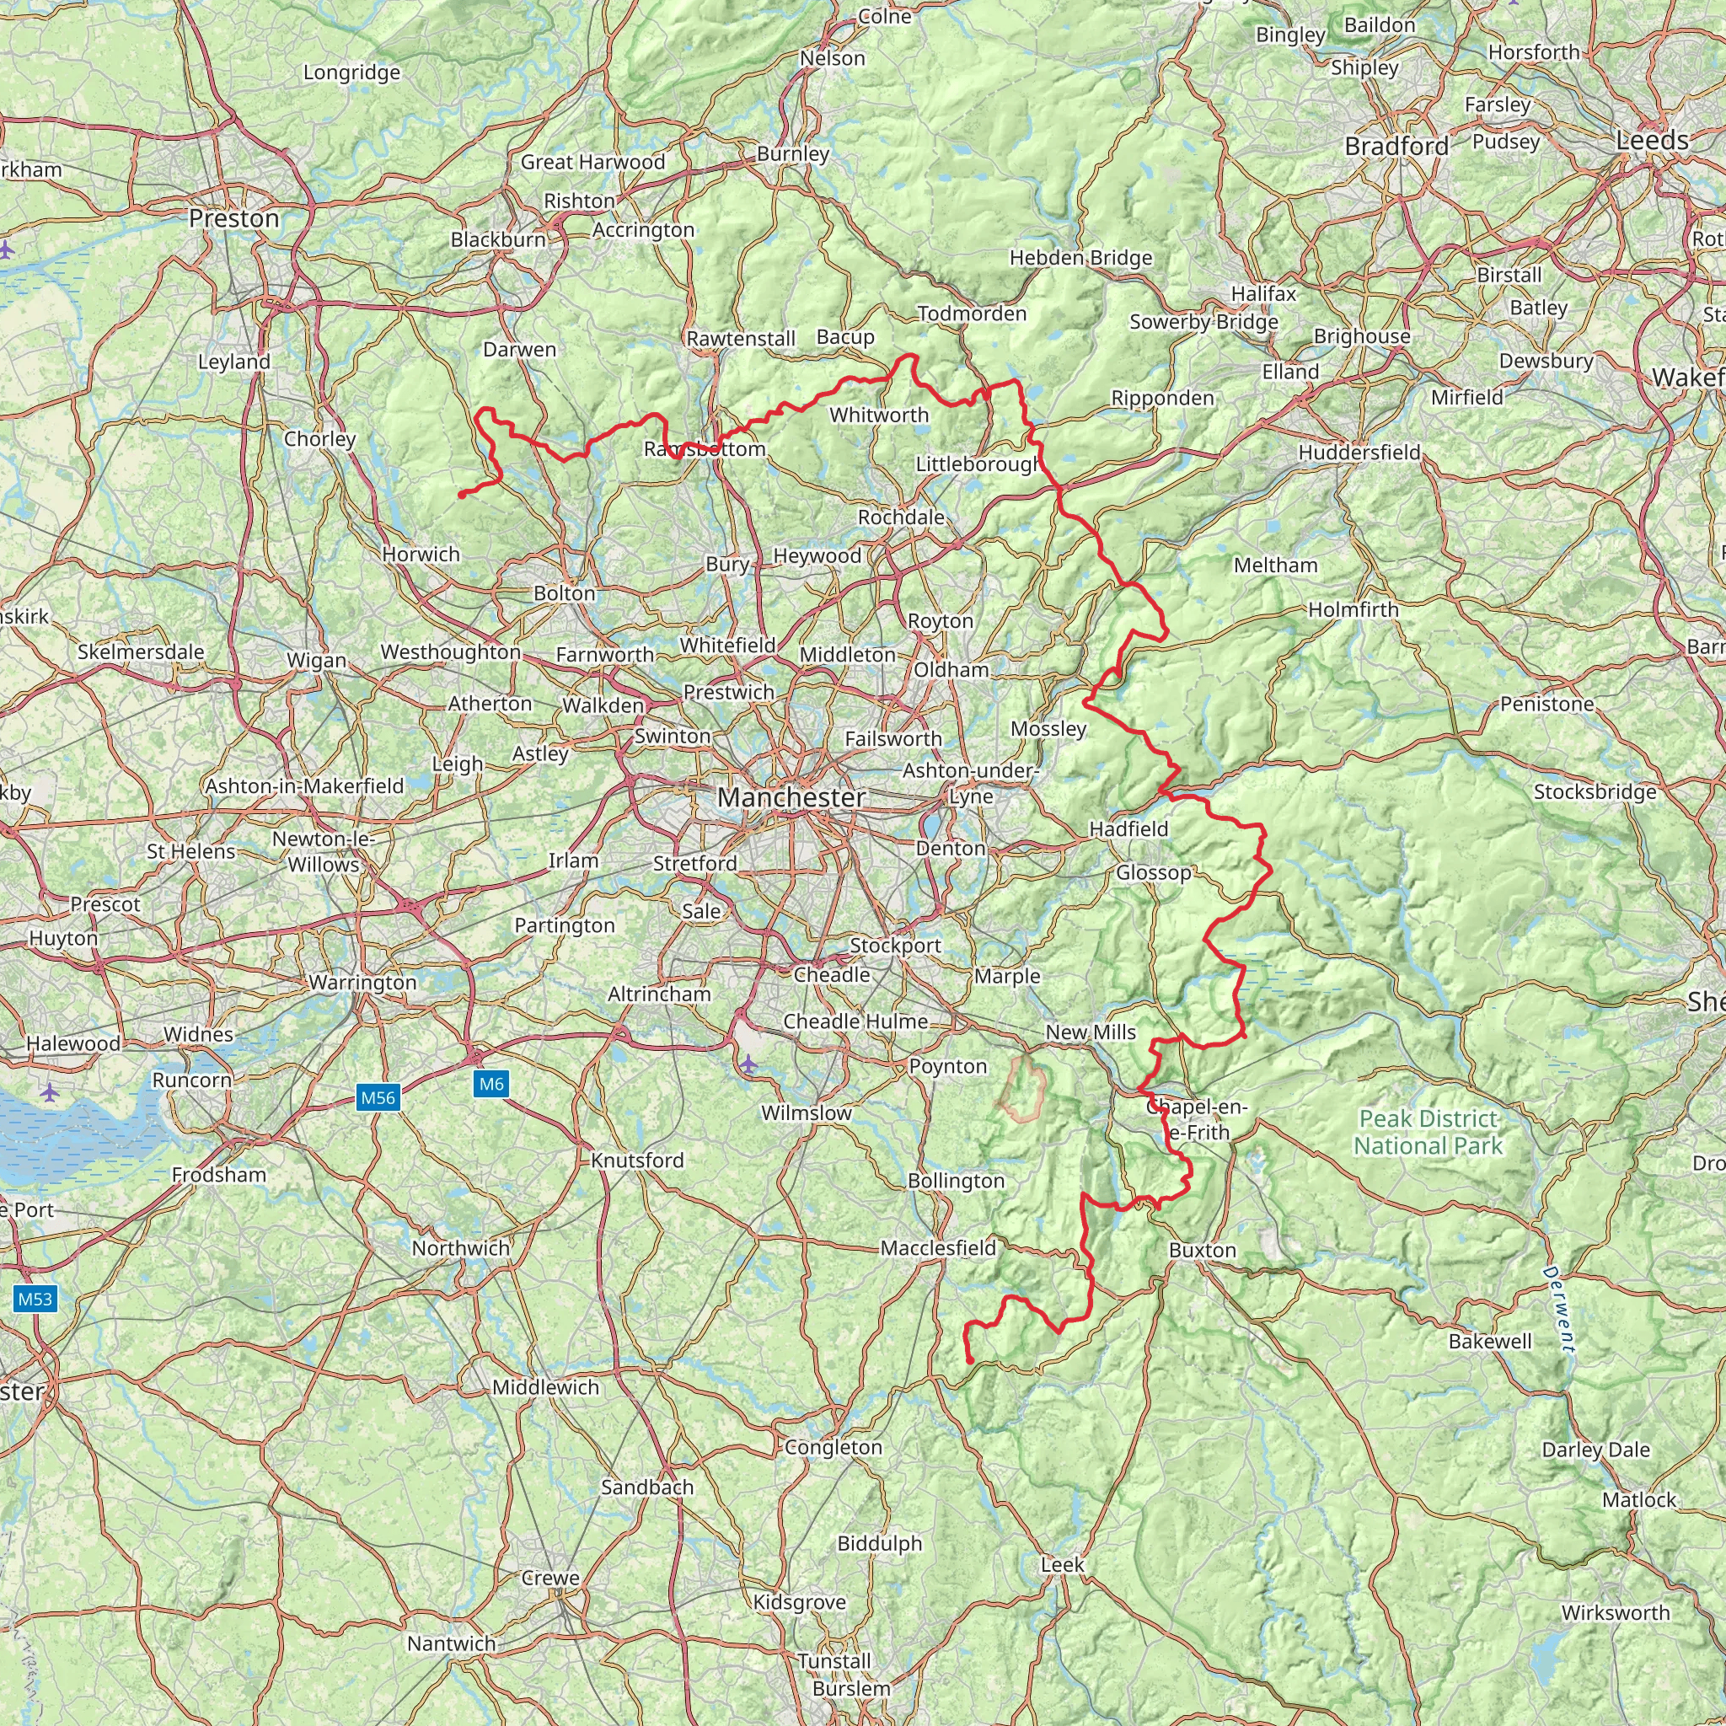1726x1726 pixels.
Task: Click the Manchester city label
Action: pyautogui.click(x=791, y=797)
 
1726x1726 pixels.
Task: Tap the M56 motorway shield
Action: pyautogui.click(x=377, y=1097)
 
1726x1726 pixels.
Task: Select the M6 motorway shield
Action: pyautogui.click(x=491, y=1084)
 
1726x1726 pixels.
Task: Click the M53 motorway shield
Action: pyautogui.click(x=35, y=1299)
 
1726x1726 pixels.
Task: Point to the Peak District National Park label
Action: pyautogui.click(x=1428, y=1132)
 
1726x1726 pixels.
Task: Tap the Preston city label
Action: pyautogui.click(x=234, y=219)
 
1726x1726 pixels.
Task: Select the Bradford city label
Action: pyautogui.click(x=1396, y=147)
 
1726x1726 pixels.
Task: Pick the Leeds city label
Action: pyautogui.click(x=1652, y=140)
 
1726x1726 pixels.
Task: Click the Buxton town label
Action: pyautogui.click(x=1202, y=1250)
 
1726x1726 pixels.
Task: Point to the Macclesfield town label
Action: pyautogui.click(x=938, y=1247)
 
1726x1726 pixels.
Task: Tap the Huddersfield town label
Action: pyautogui.click(x=1359, y=453)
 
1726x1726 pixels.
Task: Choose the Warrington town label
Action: pyautogui.click(x=362, y=982)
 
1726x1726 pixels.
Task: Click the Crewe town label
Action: pyautogui.click(x=550, y=1578)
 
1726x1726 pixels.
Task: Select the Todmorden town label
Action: pyautogui.click(x=972, y=314)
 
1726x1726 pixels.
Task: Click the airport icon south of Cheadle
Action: pyautogui.click(x=748, y=1064)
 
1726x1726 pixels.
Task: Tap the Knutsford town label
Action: pyautogui.click(x=637, y=1160)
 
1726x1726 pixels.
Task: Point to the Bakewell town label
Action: pyautogui.click(x=1490, y=1341)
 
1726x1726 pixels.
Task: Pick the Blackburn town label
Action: pyautogui.click(x=497, y=239)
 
